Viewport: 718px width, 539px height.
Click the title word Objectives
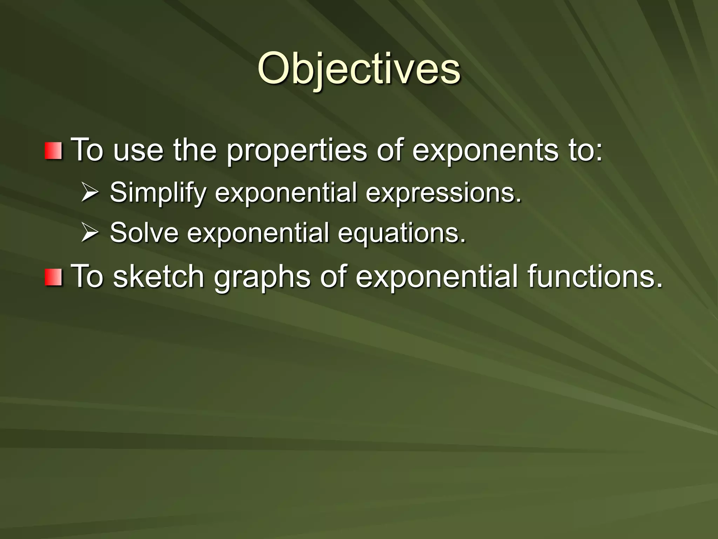coord(359,68)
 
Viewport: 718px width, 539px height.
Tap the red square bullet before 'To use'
coord(53,151)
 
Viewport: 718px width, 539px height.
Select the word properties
coord(297,151)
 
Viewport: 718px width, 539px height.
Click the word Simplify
coord(158,193)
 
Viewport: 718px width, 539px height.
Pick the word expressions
coord(443,193)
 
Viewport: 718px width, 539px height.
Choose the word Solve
coord(144,233)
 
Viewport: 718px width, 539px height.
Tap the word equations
coord(402,233)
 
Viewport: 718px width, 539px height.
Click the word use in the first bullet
coord(138,151)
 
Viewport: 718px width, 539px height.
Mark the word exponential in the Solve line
coord(258,233)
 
